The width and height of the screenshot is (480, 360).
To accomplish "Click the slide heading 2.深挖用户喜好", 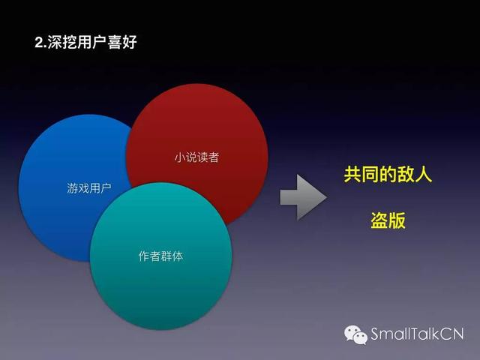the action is (x=85, y=42).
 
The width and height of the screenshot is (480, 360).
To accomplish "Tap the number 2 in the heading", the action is (x=38, y=43).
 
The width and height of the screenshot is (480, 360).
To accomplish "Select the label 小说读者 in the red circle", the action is (x=196, y=157).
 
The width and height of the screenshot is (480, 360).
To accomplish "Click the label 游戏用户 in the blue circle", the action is (x=89, y=187).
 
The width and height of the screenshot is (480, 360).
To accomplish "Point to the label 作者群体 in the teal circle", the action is (x=160, y=256).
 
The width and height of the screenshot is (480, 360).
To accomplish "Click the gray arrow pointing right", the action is (x=303, y=197).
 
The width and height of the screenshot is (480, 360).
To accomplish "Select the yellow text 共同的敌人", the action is (x=388, y=175).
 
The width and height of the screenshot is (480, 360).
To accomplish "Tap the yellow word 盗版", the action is (x=388, y=220).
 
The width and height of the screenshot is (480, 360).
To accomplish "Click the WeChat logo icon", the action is (x=355, y=334).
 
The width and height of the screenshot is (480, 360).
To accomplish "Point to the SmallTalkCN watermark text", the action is (x=417, y=334).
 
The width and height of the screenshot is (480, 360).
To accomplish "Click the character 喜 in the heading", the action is (x=114, y=42).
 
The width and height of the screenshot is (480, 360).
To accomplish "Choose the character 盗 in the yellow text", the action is (x=379, y=220).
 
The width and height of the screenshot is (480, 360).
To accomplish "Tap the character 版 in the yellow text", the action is (x=397, y=220).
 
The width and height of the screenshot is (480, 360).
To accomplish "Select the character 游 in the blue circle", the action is (x=72, y=187).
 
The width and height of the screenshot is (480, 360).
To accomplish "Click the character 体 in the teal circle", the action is (x=178, y=256).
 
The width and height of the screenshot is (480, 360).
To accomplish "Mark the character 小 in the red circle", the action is (x=180, y=157).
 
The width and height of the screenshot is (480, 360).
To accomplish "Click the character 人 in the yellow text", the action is (x=423, y=175).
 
